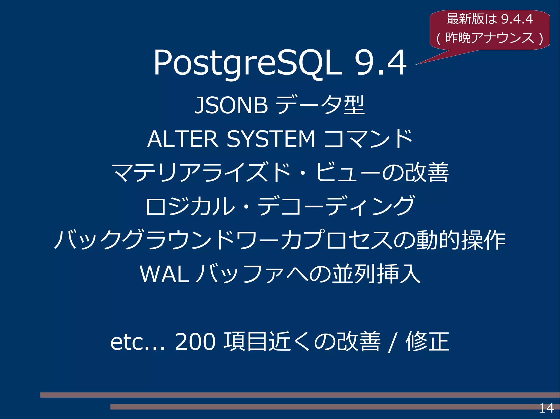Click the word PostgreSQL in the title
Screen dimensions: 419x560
pos(247,63)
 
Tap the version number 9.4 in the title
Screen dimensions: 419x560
pos(380,63)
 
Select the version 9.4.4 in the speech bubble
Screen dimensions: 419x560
pos(517,19)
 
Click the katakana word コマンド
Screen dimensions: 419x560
pos(368,139)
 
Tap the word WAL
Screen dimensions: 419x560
pos(164,274)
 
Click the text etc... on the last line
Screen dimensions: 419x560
pos(138,342)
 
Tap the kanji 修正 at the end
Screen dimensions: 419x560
pos(427,341)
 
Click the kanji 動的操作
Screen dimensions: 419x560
pos(461,240)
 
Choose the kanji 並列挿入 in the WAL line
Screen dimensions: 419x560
pos(376,274)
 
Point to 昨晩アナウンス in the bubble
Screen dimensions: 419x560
pos(490,38)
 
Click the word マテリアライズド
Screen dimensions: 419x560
pos(201,173)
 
